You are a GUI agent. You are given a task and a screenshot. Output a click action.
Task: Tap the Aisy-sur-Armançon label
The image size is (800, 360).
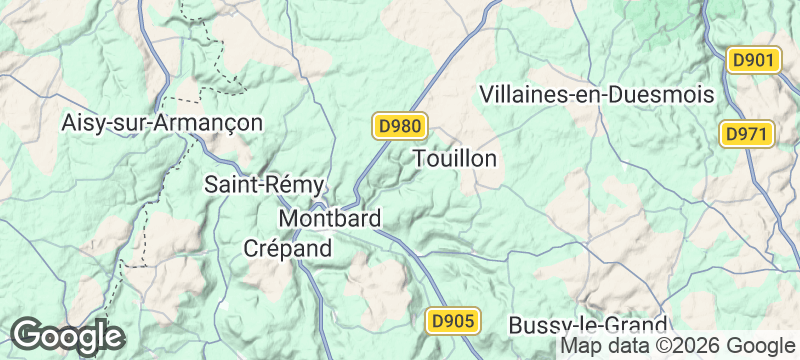click(162, 123)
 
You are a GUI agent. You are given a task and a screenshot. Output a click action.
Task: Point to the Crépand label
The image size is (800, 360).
click(288, 249)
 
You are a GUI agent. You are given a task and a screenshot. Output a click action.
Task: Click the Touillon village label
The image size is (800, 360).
click(455, 159)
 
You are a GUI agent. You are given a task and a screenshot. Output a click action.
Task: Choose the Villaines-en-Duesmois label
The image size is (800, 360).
click(596, 95)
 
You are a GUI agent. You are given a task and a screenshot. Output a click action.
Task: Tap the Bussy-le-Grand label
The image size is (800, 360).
click(588, 326)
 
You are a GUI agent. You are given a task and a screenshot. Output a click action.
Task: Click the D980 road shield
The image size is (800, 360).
click(401, 126)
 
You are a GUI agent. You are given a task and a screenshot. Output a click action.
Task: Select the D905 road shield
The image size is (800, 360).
click(455, 321)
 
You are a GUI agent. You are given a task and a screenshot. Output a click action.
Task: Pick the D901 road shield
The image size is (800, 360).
click(753, 60)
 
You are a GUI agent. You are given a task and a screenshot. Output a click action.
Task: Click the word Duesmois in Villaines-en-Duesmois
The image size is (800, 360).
click(665, 95)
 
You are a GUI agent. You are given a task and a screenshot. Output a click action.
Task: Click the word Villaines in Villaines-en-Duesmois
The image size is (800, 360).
click(521, 95)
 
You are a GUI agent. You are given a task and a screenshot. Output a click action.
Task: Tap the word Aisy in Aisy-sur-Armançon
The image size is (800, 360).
click(82, 123)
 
